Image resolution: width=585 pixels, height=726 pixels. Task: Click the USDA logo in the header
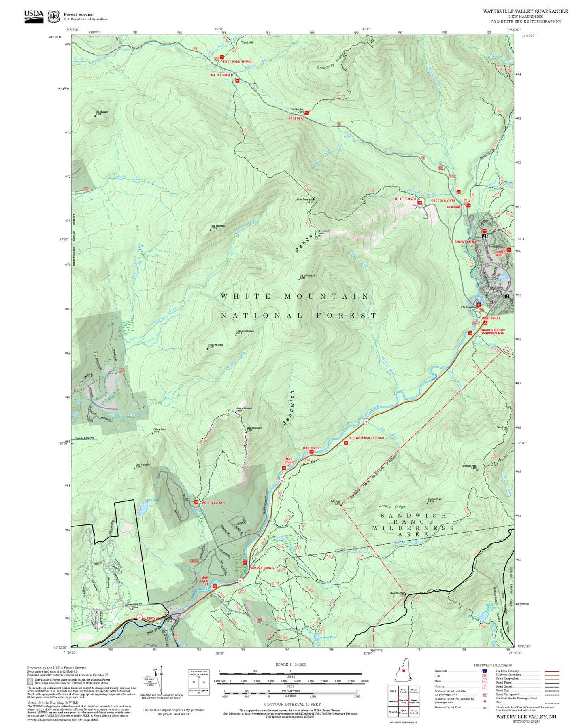pos(34,15)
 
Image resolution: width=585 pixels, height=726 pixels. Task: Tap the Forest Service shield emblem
pos(53,16)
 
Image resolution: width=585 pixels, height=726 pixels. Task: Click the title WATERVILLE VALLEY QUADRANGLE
pos(525,11)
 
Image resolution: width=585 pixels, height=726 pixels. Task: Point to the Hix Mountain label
pos(102,112)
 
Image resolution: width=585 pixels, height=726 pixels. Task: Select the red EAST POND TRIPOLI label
pos(238,62)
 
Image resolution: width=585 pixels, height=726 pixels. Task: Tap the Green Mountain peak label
pos(307,276)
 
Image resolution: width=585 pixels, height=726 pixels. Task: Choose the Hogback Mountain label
pos(245,331)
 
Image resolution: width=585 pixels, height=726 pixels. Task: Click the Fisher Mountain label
pos(216,345)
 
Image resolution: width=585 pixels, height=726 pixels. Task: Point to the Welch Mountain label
pos(254,428)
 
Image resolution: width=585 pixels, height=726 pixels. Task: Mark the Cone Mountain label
pos(143,465)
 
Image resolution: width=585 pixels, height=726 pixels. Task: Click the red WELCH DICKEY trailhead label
pos(213,503)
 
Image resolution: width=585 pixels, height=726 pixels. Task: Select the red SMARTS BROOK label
pos(262,568)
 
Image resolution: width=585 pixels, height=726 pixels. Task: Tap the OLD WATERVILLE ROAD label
pos(366,438)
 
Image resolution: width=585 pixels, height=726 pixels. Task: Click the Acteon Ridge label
pos(391,507)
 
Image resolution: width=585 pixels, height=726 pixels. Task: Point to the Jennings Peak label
pos(470,466)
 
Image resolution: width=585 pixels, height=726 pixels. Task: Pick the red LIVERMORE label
pos(453,207)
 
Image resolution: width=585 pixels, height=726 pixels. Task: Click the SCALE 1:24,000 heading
pos(290,664)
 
